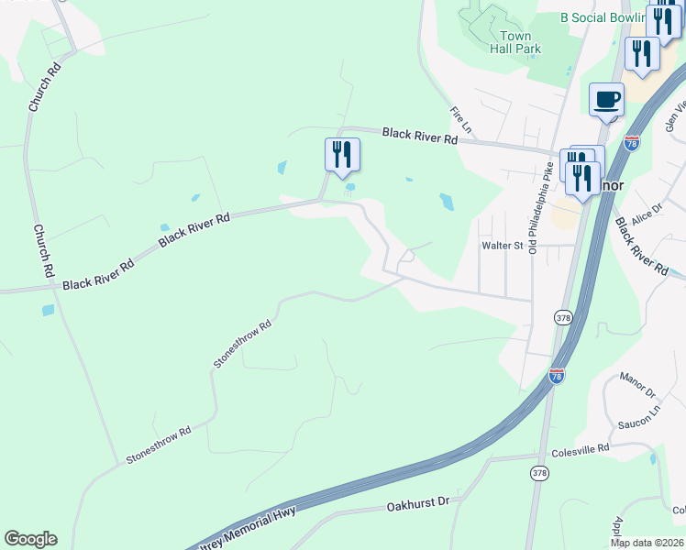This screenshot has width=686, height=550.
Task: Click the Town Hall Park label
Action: point(514,42)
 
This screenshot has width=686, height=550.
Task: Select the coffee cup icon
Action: point(606,100)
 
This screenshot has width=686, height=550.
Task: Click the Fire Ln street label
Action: point(459,118)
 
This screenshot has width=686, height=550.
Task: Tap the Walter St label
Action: point(502,245)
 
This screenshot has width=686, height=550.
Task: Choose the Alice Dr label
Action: point(646,214)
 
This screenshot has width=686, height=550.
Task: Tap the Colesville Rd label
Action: point(581,450)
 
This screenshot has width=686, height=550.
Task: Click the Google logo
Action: point(30,539)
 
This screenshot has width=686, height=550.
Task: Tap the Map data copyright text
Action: point(647,543)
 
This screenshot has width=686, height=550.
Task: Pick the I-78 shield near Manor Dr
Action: point(556,375)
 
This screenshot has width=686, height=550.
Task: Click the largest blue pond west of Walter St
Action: point(447,202)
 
